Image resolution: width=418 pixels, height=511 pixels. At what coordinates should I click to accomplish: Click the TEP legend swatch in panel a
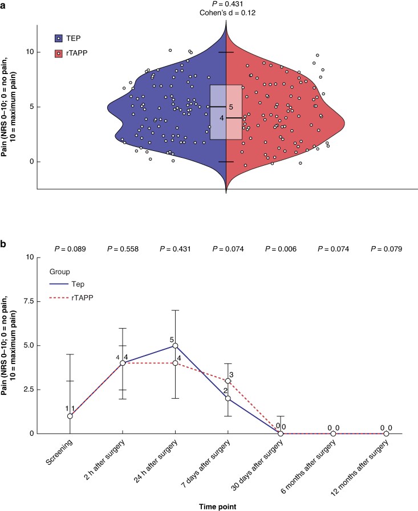click(x=58, y=38)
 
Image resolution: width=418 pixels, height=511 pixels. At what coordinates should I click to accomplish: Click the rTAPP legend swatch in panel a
click(x=58, y=54)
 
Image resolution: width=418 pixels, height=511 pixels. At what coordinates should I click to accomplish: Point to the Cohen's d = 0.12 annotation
click(x=228, y=13)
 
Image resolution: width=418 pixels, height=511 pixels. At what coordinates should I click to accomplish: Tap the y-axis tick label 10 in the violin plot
click(x=30, y=52)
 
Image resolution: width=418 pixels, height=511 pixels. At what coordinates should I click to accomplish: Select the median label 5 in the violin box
click(x=231, y=107)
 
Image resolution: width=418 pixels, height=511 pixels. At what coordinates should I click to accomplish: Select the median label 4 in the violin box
click(x=222, y=118)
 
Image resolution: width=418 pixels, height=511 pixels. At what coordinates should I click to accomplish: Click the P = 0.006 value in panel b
click(x=281, y=249)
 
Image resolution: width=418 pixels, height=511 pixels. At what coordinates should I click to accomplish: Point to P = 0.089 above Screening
click(x=70, y=249)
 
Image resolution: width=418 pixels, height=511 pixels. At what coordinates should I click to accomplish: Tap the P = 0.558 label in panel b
click(x=123, y=249)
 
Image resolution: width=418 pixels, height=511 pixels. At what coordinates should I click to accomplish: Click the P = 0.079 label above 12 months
click(x=386, y=249)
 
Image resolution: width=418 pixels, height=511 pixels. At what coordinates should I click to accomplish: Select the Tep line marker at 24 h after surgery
click(x=175, y=345)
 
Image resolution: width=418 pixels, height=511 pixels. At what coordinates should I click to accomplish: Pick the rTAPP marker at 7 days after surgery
click(x=228, y=381)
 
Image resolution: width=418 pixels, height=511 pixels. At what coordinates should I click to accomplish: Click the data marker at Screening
click(x=70, y=416)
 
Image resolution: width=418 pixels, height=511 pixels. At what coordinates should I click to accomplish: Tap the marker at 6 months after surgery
click(x=333, y=434)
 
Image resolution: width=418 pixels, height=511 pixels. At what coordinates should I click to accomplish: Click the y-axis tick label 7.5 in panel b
click(x=29, y=301)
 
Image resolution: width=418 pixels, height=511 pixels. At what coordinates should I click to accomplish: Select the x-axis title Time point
click(x=218, y=506)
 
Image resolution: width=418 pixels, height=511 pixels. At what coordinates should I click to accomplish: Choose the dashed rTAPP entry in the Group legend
click(x=71, y=298)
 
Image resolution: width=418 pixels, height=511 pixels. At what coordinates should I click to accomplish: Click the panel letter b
click(x=3, y=244)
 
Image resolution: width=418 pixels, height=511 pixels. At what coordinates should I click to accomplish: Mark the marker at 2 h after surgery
click(x=123, y=363)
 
